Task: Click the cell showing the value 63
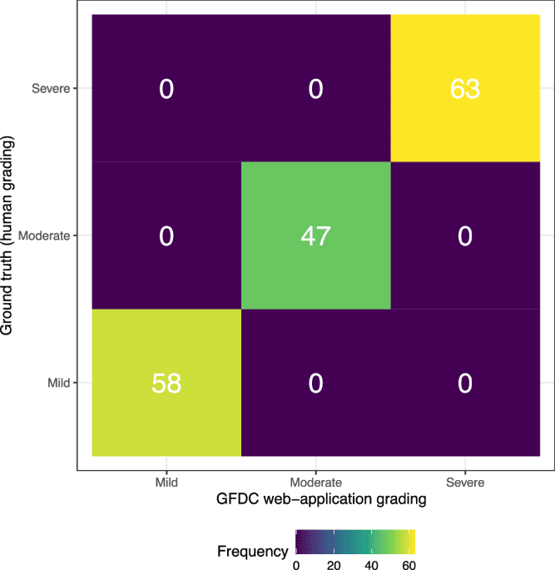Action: [x=464, y=89]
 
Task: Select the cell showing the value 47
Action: [x=315, y=235]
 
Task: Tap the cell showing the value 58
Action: [x=166, y=383]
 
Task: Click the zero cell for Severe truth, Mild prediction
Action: [x=166, y=89]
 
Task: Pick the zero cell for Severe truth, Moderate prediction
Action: [x=315, y=89]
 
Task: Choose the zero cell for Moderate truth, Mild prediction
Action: [x=166, y=235]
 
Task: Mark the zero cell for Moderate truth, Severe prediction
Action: [x=464, y=235]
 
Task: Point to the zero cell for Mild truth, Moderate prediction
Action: [x=315, y=383]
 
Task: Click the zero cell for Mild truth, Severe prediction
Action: [x=464, y=383]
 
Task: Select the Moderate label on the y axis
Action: [x=47, y=235]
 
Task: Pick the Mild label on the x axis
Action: [x=166, y=481]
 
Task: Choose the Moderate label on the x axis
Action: [x=315, y=481]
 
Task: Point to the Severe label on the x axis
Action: [x=464, y=481]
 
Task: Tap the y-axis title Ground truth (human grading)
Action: [x=10, y=235]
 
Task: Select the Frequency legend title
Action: [x=252, y=551]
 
